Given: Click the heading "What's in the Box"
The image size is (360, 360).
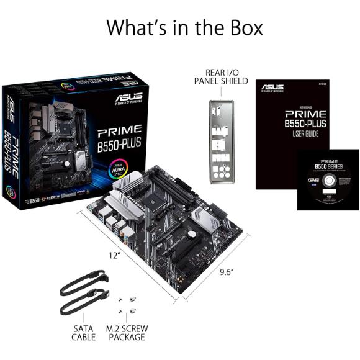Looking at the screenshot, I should pos(184,28).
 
